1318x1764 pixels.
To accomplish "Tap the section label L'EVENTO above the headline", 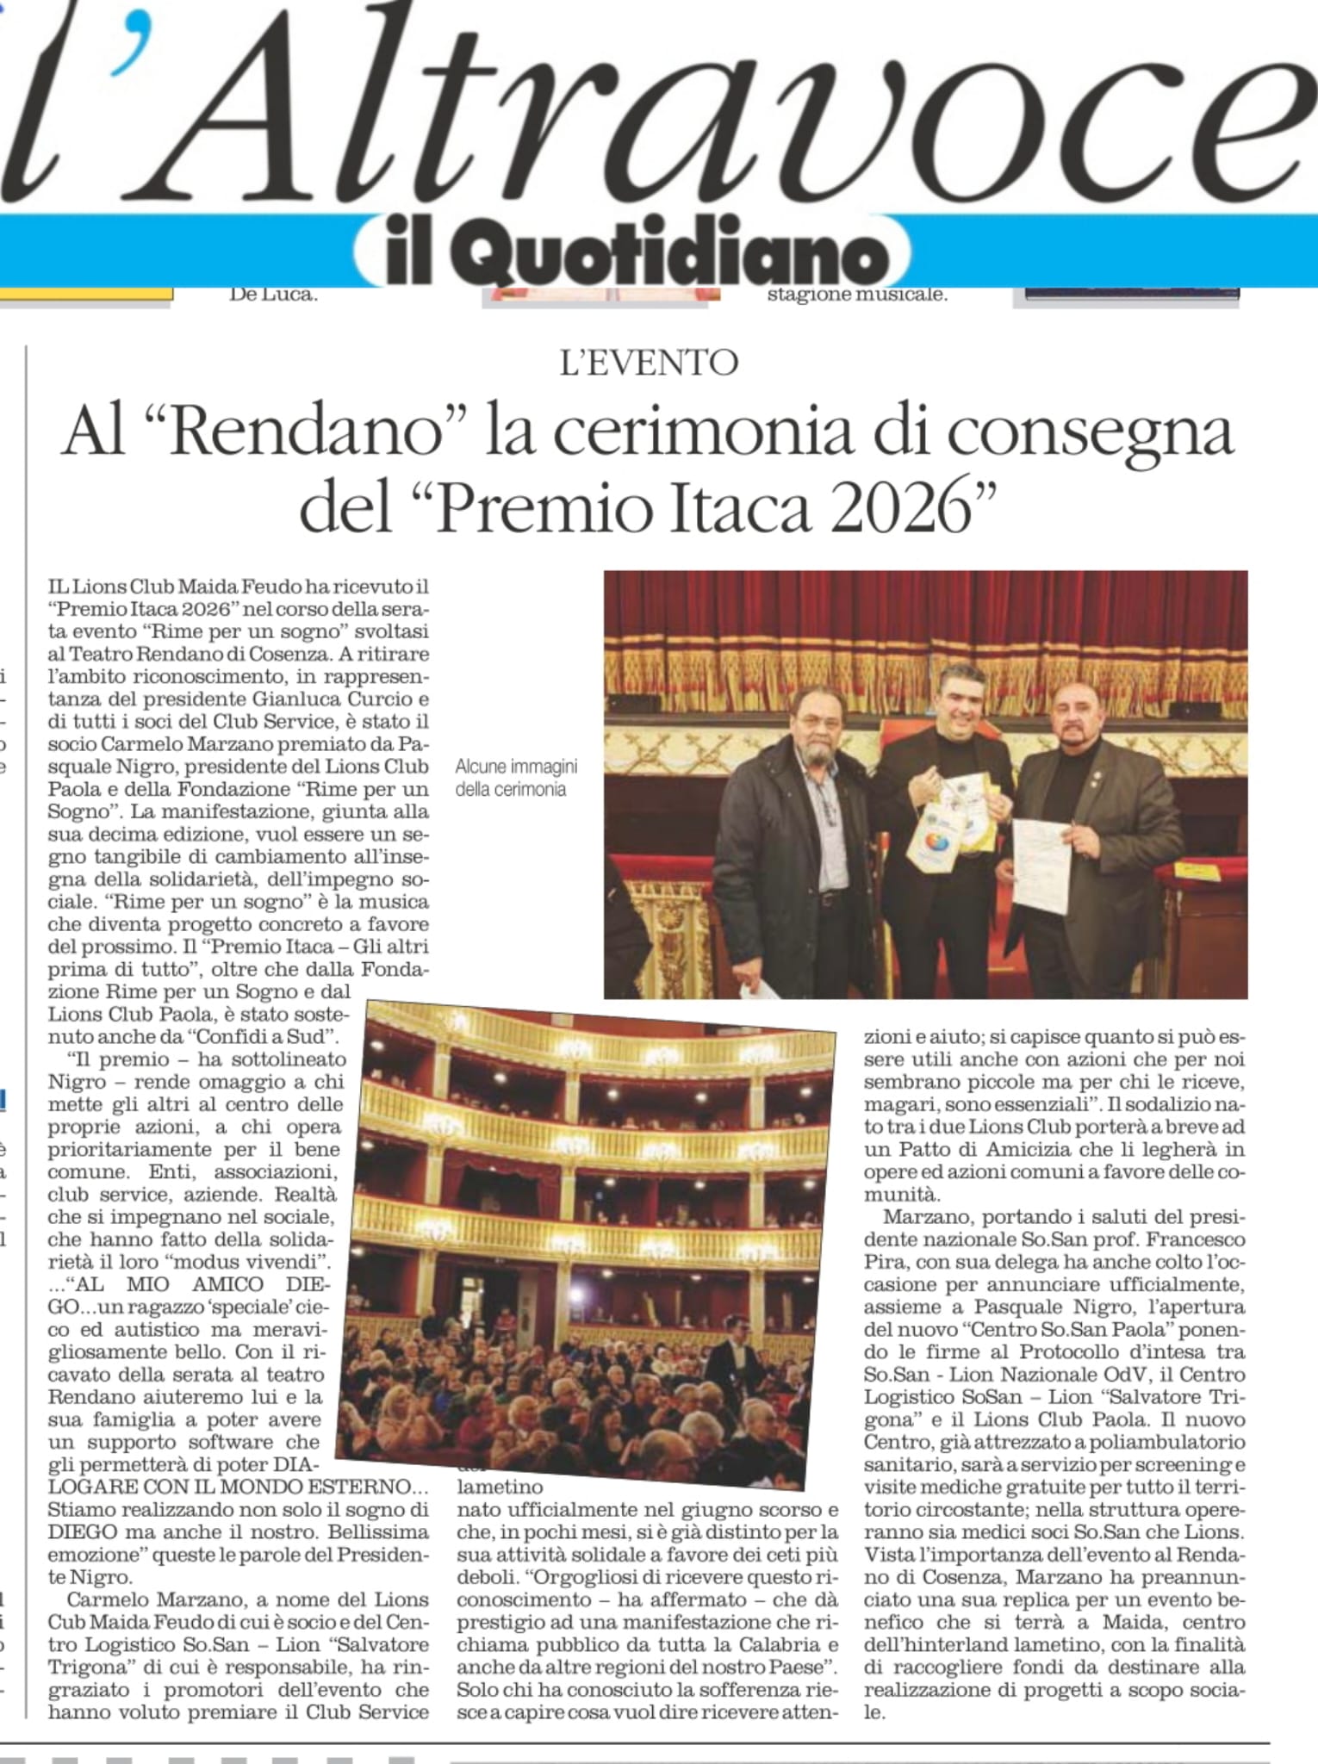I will [649, 363].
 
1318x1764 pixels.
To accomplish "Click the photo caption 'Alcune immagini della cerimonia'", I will [515, 778].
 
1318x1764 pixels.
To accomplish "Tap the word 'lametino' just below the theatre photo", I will [500, 1486].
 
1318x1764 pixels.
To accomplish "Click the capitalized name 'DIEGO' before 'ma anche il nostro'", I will [83, 1531].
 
